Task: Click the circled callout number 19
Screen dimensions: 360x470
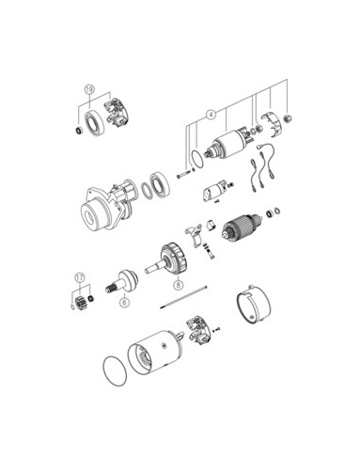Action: pos(89,89)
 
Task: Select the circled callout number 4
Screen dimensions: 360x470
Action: pos(211,115)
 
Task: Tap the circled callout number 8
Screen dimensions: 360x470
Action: pos(179,285)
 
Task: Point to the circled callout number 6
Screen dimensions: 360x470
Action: pos(124,303)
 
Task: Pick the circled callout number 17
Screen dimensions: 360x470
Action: pos(80,277)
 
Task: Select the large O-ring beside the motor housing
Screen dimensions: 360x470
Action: pos(115,371)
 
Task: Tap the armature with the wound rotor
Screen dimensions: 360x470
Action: pos(242,227)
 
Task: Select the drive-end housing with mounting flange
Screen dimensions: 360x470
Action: pos(107,206)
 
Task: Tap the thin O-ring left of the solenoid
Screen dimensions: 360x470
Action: pos(197,160)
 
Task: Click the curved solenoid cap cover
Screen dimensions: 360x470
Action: pos(272,125)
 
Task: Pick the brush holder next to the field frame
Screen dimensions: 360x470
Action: pos(198,331)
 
